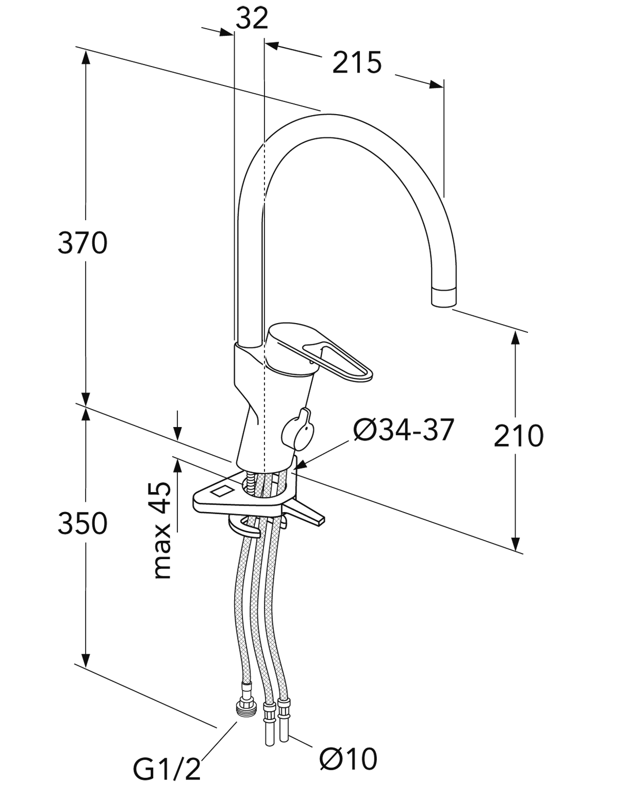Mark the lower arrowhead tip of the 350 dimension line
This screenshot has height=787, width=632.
pyautogui.click(x=86, y=668)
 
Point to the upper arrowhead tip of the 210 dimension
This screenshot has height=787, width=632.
pyautogui.click(x=515, y=331)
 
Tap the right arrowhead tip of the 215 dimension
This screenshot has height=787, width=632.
pyautogui.click(x=443, y=87)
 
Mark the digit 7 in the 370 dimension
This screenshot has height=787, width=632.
pyautogui.click(x=82, y=243)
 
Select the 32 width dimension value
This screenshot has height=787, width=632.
pyautogui.click(x=252, y=19)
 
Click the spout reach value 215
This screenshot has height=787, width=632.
pyautogui.click(x=357, y=62)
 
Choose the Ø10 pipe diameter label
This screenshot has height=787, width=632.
pyautogui.click(x=348, y=758)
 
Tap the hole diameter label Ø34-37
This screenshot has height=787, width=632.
pyautogui.click(x=404, y=430)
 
